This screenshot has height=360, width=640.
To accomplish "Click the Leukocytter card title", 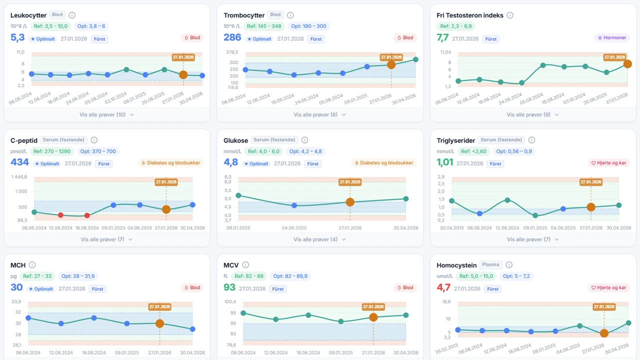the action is [x=28, y=15].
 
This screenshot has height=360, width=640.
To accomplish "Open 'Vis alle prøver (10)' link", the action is [x=106, y=114].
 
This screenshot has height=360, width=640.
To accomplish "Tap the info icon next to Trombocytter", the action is [x=290, y=15].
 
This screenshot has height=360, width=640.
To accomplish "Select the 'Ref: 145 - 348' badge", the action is [x=264, y=26].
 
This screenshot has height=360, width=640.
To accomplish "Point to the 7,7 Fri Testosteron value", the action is [x=442, y=37].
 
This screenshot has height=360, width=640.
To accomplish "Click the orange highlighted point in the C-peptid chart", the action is [x=166, y=209].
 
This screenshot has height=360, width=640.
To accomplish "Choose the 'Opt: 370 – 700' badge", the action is [x=98, y=151].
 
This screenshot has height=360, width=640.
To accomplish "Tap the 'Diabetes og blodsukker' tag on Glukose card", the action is [x=384, y=163].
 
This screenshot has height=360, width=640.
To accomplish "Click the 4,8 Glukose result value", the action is [x=230, y=162].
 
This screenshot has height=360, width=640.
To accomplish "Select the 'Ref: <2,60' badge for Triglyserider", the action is [x=474, y=151].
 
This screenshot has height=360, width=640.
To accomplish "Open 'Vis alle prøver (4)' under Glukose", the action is [x=319, y=239].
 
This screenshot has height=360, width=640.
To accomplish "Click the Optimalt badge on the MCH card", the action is [x=41, y=289].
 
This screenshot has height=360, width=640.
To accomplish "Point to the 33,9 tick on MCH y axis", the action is [x=16, y=301].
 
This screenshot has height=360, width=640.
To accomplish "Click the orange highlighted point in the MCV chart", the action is [x=373, y=317].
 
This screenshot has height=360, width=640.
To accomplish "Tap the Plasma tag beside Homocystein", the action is [x=490, y=265].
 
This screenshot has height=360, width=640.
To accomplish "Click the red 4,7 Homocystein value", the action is [x=443, y=287].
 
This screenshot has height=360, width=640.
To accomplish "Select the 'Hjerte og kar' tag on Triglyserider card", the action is [x=608, y=163].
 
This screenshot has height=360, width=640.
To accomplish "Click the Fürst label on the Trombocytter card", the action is [x=316, y=39].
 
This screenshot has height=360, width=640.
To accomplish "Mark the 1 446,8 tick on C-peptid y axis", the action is [x=19, y=177].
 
